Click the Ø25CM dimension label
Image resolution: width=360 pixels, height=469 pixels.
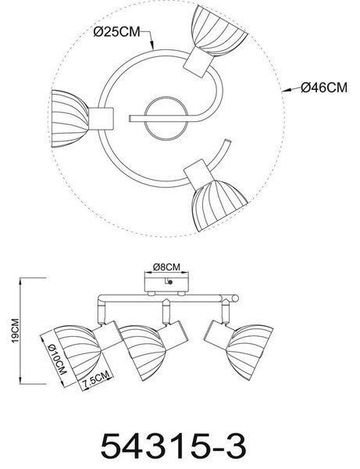tap(117, 32)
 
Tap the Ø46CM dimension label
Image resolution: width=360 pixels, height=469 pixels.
tap(324, 88)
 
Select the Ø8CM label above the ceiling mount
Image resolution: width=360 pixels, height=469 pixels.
tap(166, 267)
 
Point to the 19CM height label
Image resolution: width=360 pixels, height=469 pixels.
tap(15, 331)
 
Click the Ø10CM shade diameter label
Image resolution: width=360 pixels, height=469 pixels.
tap(57, 359)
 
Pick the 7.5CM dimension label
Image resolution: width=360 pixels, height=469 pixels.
tap(95, 378)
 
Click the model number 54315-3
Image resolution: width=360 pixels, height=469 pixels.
tap(173, 446)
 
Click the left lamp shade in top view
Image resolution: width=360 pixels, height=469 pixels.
tap(70, 119)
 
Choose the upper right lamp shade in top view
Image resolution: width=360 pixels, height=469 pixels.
tap(219, 31)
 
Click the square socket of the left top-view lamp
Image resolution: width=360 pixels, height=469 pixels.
tap(101, 119)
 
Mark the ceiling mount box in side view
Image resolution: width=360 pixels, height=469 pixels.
tap(166, 282)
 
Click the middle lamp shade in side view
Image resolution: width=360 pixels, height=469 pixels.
tap(142, 353)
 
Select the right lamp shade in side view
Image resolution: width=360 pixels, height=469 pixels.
tap(250, 352)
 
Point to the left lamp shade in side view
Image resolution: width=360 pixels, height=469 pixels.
tap(77, 354)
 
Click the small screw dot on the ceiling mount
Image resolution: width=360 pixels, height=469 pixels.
tap(170, 282)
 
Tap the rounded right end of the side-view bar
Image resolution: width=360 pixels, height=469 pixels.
tap(235, 299)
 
